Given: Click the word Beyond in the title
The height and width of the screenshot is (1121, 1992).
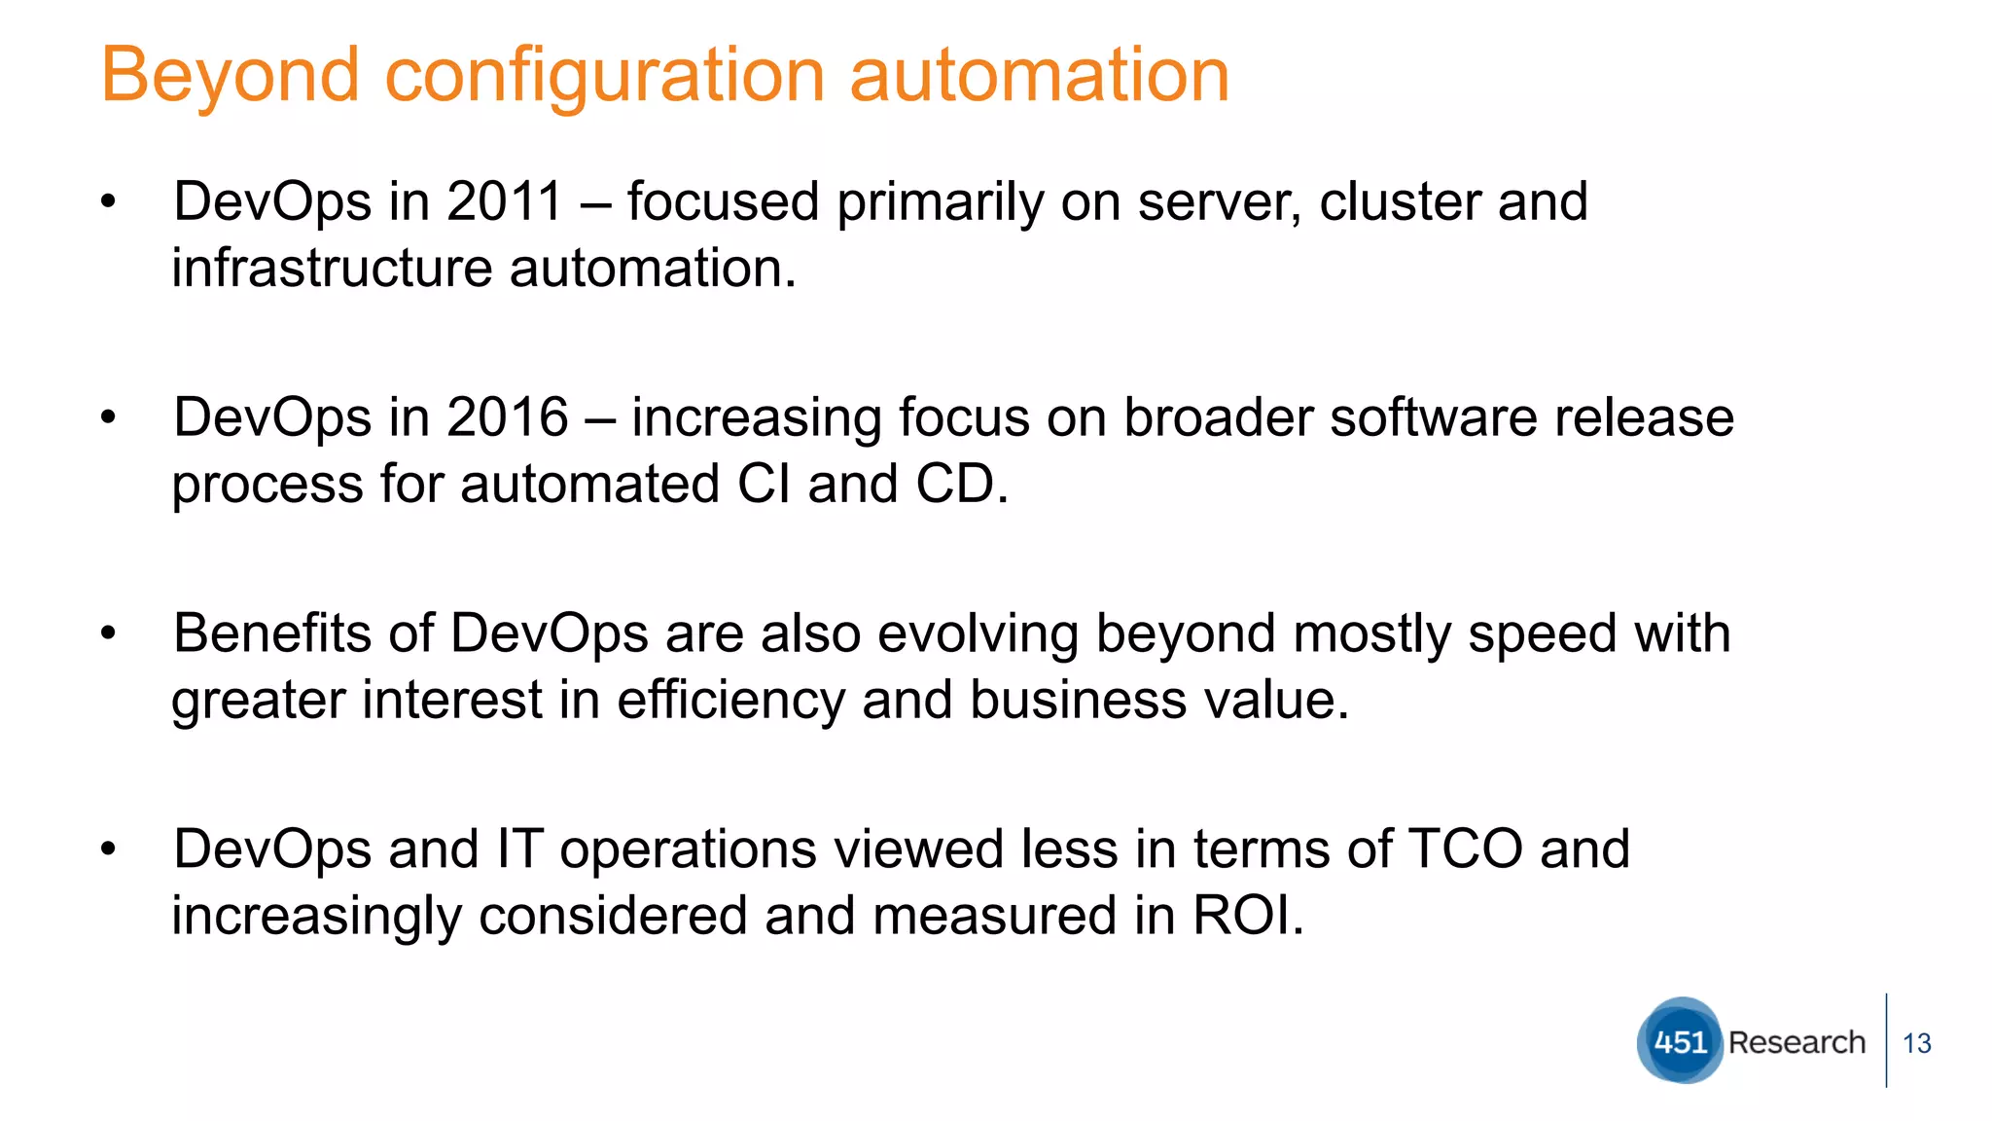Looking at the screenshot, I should (x=231, y=76).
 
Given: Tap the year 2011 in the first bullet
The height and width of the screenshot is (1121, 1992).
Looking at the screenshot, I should (x=505, y=201).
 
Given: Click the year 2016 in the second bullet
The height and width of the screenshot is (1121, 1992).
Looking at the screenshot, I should (x=507, y=417).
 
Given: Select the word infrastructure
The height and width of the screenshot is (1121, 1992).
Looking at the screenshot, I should (x=331, y=268).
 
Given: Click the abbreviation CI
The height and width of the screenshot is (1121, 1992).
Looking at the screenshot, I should (x=764, y=484).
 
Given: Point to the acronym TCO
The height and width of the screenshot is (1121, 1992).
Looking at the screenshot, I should (x=1465, y=849).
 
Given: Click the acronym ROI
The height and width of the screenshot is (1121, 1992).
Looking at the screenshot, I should (x=1247, y=916).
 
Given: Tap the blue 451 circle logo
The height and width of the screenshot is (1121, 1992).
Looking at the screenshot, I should (x=1680, y=1041).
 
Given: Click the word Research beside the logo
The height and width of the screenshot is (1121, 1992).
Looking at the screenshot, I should (x=1796, y=1042).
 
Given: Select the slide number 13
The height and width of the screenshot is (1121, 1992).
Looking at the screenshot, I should (x=1916, y=1044).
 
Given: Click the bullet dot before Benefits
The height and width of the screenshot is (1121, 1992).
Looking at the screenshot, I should (x=108, y=634).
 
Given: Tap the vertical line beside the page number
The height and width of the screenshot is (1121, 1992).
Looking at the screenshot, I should (x=1886, y=1039).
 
